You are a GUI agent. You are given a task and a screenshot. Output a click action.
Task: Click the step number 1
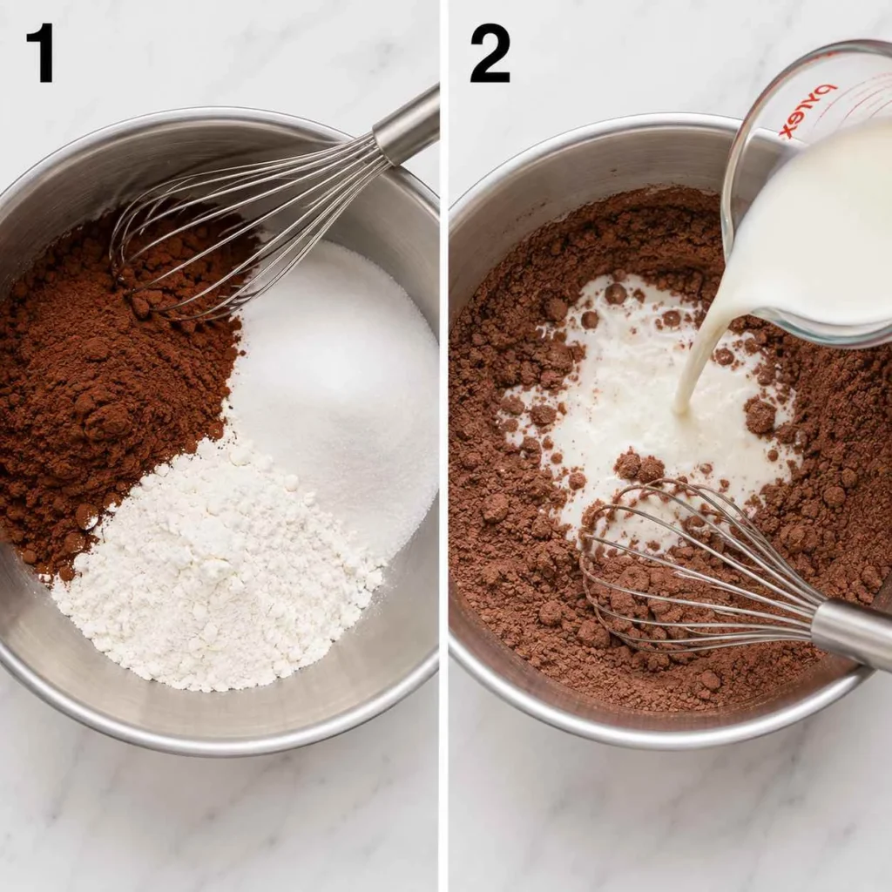[41, 53]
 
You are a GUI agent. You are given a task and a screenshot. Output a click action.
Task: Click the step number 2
[490, 54]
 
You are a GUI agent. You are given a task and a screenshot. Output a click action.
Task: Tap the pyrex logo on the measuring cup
[808, 111]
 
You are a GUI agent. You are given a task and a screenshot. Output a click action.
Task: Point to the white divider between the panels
[443, 446]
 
